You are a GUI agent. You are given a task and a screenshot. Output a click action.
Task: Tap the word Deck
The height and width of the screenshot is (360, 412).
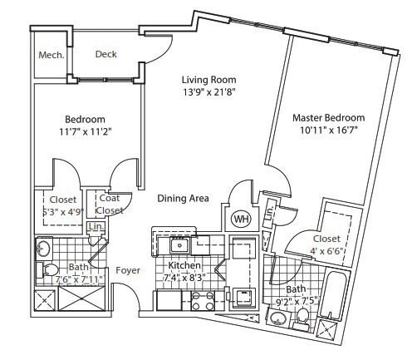(x=105, y=55)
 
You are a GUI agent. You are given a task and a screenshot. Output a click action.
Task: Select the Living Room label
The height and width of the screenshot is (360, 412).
(x=209, y=80)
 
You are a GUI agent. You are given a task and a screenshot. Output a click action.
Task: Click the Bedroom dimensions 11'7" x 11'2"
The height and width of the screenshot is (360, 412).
(x=86, y=131)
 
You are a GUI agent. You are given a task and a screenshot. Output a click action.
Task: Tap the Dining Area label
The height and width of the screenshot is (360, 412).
(x=184, y=198)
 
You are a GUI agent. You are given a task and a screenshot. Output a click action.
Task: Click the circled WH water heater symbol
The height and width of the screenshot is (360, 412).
(x=241, y=219)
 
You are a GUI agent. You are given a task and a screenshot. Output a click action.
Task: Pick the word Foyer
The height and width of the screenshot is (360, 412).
(x=127, y=270)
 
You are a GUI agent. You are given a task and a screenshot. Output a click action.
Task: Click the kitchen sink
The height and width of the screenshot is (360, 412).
(x=179, y=244)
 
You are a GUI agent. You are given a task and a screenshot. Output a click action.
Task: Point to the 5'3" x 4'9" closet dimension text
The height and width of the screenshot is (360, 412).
(x=62, y=211)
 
